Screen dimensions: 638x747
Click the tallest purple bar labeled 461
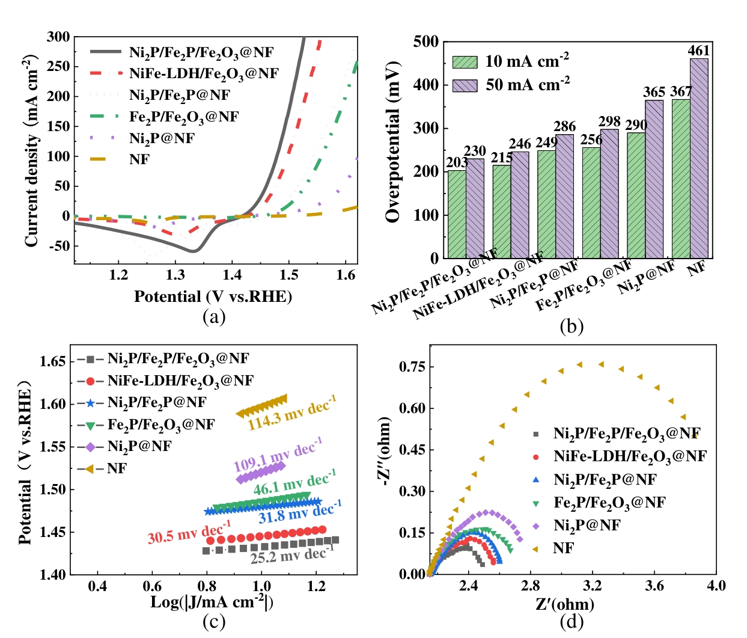tap(699, 158)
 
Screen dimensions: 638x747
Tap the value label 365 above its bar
tap(654, 92)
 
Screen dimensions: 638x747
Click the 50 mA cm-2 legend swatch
tap(465, 85)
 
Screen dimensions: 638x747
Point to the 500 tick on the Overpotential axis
tap(426, 41)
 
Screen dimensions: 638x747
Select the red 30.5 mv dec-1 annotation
tap(189, 532)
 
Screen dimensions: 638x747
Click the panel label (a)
tap(214, 316)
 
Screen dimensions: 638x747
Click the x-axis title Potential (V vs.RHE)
tap(213, 296)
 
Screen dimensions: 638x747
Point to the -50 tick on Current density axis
tap(58, 246)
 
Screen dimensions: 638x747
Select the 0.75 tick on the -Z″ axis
tap(412, 367)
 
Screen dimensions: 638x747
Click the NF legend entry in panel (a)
tap(139, 159)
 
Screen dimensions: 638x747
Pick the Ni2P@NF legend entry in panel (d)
tap(587, 525)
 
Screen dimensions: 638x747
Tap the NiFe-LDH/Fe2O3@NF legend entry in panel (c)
tap(180, 381)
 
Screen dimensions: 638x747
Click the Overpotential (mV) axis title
tap(393, 142)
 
